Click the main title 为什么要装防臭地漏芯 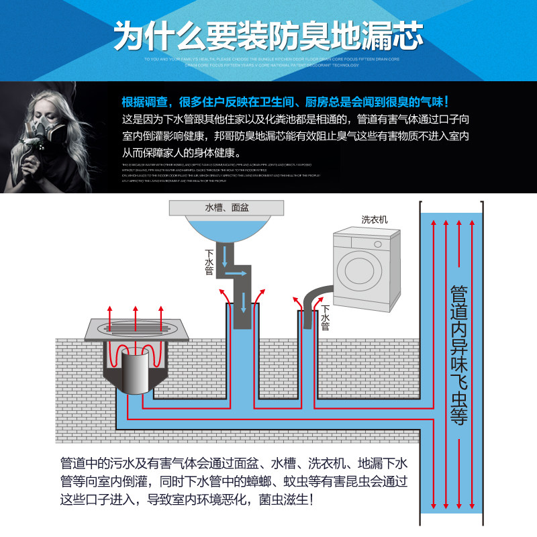(x=268, y=34)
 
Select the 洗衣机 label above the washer (x=375, y=219)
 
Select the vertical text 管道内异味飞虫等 (x=458, y=356)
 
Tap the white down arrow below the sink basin (x=227, y=254)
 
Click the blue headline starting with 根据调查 (x=285, y=102)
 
